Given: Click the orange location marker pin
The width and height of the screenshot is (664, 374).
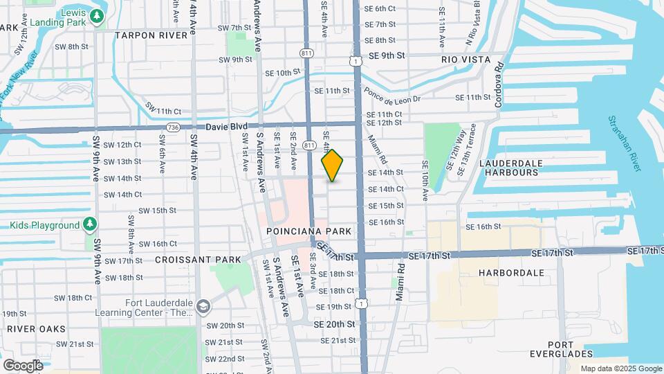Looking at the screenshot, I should tap(333, 166).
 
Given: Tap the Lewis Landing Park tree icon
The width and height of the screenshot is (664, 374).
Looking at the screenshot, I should tap(98, 15).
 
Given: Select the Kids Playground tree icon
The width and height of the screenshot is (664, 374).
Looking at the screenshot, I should tap(89, 225).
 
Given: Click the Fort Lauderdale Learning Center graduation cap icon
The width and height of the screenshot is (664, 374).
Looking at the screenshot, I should tap(203, 306).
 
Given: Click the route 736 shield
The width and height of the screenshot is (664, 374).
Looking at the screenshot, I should tap(173, 127).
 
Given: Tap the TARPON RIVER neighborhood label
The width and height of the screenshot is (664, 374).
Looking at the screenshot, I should tap(151, 35).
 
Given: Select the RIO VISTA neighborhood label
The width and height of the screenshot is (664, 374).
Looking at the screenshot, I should tap(466, 60).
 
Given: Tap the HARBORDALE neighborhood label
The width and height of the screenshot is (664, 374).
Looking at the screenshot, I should tap(512, 273).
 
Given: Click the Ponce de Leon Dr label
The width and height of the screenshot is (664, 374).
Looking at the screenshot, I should tap(391, 98).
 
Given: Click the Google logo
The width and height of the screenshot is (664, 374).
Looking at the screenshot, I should tap(23, 365).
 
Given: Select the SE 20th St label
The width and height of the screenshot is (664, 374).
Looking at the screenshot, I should tap(334, 324).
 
